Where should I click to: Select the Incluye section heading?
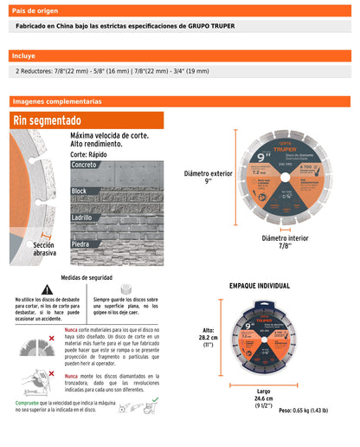point(23,55)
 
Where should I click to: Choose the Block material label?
point(80,191)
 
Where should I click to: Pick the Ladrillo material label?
point(83,217)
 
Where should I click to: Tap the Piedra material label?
point(80,244)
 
